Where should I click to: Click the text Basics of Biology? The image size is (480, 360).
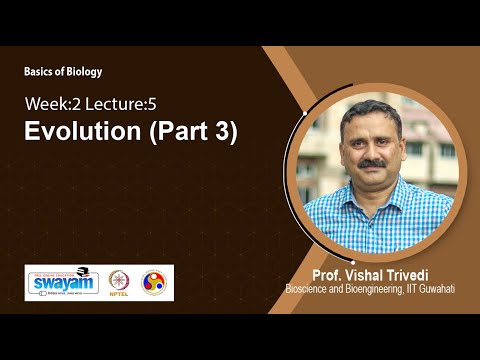pos(63,72)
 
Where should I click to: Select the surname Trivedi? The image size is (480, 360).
pos(405,274)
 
